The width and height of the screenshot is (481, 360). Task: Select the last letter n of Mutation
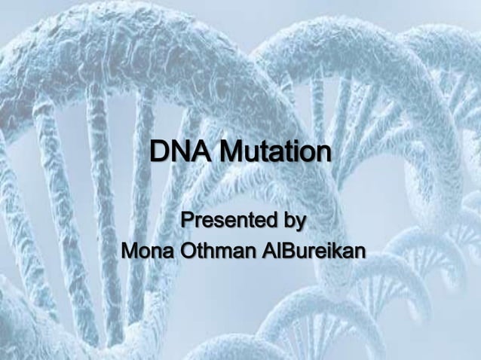[x=323, y=154]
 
